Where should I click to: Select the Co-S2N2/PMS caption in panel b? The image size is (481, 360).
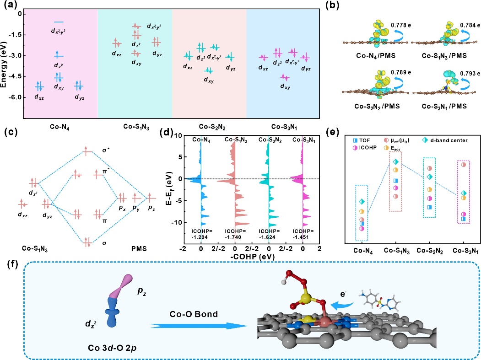366,106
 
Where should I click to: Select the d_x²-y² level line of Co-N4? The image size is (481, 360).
59,22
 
